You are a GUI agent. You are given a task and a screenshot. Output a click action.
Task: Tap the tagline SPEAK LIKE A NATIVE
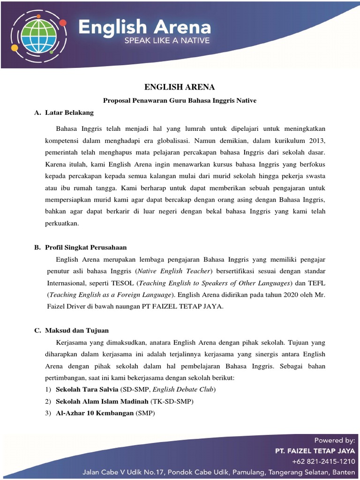coord(167,41)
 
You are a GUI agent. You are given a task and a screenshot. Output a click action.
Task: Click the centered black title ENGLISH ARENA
coord(179,87)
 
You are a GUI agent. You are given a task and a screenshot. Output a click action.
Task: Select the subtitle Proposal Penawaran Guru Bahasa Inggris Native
coord(180,100)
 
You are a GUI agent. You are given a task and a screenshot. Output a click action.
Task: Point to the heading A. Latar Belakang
coord(64,113)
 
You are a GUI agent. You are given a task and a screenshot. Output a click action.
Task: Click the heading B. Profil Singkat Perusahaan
coord(81,247)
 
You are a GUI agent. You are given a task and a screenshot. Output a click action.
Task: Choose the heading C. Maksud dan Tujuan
coord(72,330)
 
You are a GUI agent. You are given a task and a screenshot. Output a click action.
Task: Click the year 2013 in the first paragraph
coord(316,140)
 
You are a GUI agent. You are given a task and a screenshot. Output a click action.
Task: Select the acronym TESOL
coord(123,283)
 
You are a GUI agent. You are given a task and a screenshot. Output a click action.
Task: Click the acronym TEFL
coord(316,283)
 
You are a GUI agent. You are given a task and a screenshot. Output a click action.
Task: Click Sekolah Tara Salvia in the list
coord(87,390)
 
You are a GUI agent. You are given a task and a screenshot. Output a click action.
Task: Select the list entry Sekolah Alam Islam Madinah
coord(102,402)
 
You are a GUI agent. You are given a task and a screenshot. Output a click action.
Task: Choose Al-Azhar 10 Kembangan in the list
coord(95,413)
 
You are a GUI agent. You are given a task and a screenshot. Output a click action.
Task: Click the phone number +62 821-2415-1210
coord(323,461)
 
